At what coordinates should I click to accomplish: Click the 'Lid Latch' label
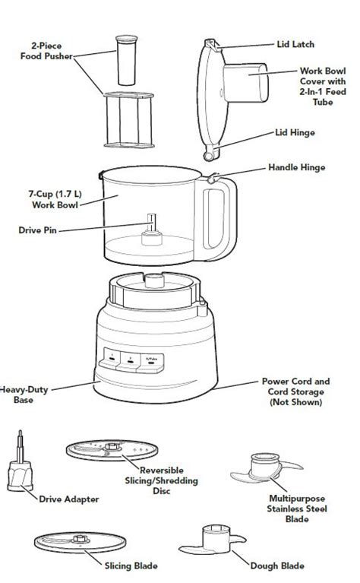[x=295, y=45]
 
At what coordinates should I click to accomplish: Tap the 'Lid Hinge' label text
[x=295, y=131]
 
